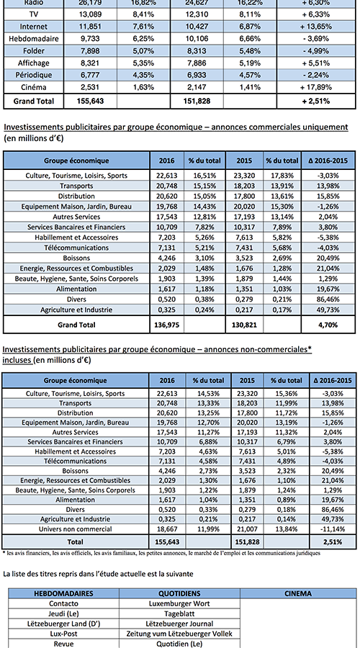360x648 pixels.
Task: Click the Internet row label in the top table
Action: pos(33,27)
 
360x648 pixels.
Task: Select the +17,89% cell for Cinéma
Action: pos(316,87)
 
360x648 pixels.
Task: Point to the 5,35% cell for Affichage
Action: pos(143,63)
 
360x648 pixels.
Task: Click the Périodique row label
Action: pos(33,75)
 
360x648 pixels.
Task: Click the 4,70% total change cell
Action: pos(328,325)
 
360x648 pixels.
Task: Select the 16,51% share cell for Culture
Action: pos(202,176)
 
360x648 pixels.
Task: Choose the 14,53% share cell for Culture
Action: pos(209,393)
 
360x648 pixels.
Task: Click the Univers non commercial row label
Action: pos(76,529)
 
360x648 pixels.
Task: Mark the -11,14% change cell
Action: pos(333,529)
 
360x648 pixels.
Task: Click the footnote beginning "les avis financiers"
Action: pos(161,552)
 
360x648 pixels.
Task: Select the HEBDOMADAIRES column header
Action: pos(63,593)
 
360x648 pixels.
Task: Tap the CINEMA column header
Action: pos(298,593)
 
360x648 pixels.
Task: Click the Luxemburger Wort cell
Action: pos(179,603)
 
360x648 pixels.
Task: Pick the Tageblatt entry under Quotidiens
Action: pos(179,613)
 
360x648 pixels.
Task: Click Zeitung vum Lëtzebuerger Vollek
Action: pos(179,634)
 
